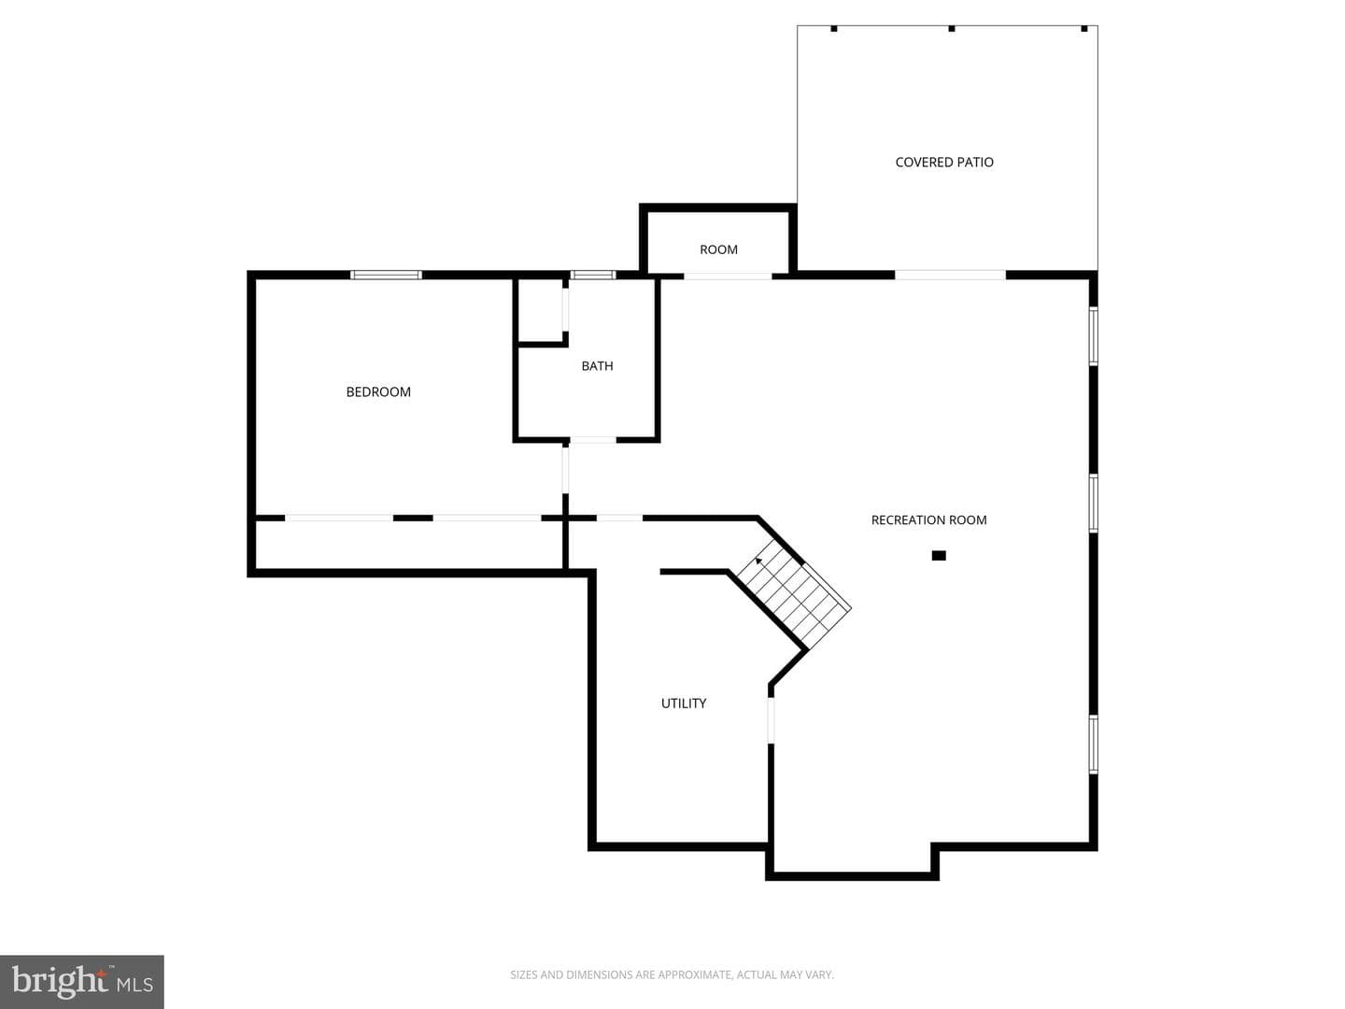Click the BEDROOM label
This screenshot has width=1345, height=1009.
pos(378,392)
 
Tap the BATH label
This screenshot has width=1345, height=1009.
pos(597,366)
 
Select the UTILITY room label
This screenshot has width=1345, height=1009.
pos(683,703)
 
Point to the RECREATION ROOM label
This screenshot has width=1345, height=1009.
pos(928,520)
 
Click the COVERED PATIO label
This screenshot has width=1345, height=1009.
pos(944,163)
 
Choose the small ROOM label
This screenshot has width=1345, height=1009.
pos(718,250)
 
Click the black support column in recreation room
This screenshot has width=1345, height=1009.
pos(938,556)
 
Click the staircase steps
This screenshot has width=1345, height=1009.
pos(793,595)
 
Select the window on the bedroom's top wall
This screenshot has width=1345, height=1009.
pos(386,275)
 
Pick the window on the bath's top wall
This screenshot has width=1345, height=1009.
pos(592,275)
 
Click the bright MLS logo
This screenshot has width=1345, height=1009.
pos(81,981)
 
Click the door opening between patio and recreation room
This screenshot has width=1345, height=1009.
pos(950,276)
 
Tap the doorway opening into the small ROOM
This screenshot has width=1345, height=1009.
pos(728,277)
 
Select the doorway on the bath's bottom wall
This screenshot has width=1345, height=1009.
pos(592,440)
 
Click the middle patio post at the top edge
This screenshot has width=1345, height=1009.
pos(951,28)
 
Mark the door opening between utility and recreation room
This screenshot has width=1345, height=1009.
pos(771,719)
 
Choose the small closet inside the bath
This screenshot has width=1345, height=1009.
pos(541,310)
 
